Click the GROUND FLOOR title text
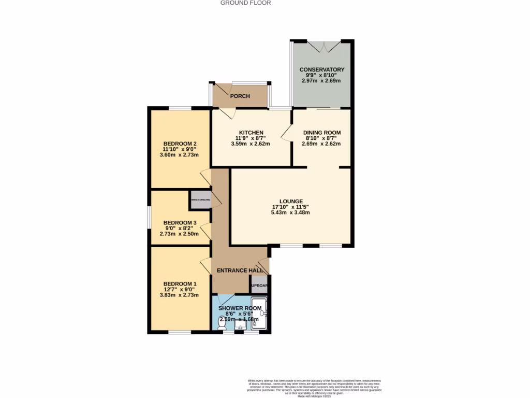tap(245, 3)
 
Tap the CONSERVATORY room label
tap(322, 69)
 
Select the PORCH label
tap(240, 96)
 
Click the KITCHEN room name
tap(251, 132)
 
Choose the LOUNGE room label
tap(290, 201)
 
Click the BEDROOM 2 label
tap(180, 144)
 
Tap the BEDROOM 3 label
tap(180, 223)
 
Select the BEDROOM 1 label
tap(180, 283)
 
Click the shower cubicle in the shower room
tap(259, 314)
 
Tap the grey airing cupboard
tap(200, 200)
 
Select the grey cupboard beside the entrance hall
tap(259, 286)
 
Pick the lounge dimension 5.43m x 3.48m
tap(290, 215)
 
